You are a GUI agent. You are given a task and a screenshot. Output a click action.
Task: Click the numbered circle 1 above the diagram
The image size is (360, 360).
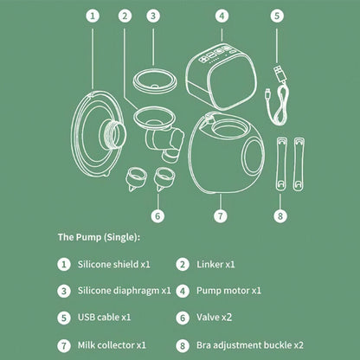pyautogui.click(x=93, y=16)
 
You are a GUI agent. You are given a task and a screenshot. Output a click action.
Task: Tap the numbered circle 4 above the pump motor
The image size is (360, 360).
pyautogui.click(x=222, y=16)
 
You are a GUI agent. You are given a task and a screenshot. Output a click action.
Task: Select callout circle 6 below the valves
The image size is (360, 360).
pyautogui.click(x=157, y=215)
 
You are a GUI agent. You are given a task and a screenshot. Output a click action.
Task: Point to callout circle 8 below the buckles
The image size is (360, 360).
pyautogui.click(x=280, y=215)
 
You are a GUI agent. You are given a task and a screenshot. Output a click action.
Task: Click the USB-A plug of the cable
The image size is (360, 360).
pyautogui.click(x=280, y=73)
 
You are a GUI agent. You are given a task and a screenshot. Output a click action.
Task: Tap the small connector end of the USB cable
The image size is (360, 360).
pyautogui.click(x=267, y=93)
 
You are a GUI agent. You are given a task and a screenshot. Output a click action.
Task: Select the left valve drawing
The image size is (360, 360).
pyautogui.click(x=136, y=179)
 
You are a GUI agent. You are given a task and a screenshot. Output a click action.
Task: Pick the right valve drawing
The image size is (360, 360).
pyautogui.click(x=164, y=179)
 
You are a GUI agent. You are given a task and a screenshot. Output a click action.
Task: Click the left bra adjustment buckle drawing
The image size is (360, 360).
pyautogui.click(x=281, y=164)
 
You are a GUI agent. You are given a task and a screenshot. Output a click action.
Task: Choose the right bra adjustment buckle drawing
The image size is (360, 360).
pyautogui.click(x=299, y=164)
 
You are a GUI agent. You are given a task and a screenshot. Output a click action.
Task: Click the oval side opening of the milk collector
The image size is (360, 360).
pyautogui.click(x=253, y=156)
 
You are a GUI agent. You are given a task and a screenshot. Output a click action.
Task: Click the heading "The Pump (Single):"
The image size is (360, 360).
pyautogui.click(x=99, y=237)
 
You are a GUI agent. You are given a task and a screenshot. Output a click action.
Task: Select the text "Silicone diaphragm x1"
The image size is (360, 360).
pyautogui.click(x=125, y=291)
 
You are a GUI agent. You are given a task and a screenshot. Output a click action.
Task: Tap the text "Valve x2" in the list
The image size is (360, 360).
pyautogui.click(x=214, y=318)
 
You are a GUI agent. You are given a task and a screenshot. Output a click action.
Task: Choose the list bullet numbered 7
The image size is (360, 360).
pyautogui.click(x=64, y=345)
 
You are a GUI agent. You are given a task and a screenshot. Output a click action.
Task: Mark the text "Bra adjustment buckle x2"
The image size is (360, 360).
pyautogui.click(x=250, y=345)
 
